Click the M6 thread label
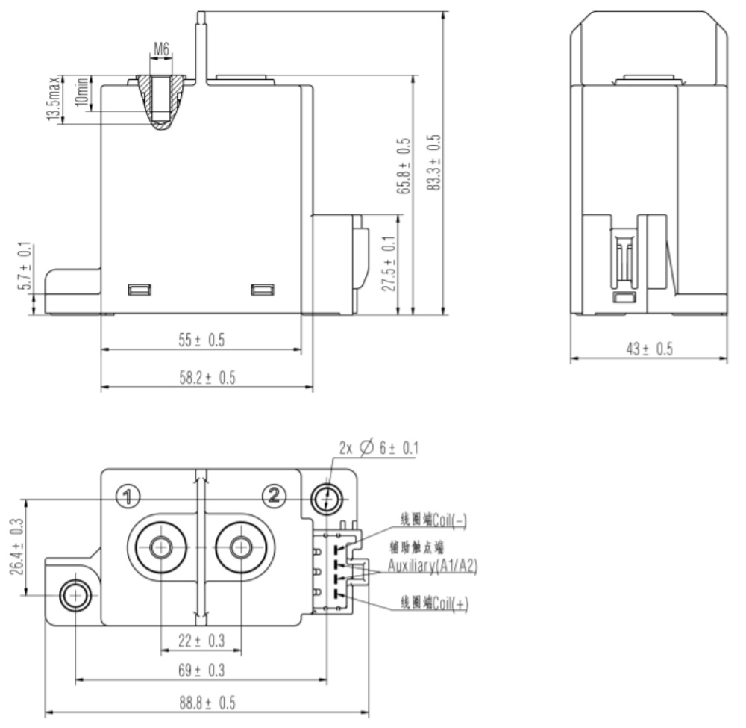(161, 49)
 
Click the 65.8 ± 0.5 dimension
(403, 166)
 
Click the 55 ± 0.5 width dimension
(201, 340)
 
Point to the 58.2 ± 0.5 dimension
(207, 379)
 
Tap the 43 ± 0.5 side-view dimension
(648, 350)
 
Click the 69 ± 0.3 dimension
(201, 671)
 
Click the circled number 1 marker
(128, 494)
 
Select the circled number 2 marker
(275, 494)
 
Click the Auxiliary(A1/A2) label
(432, 567)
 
